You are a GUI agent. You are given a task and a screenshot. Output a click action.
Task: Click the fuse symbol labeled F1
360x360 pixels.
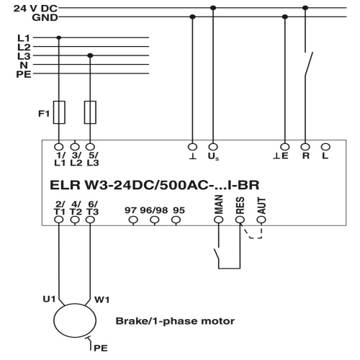pos(59,112)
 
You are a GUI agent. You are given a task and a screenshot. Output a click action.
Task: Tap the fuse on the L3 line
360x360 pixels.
pos(90,112)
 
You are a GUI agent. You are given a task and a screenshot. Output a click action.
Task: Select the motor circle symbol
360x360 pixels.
pos(75,320)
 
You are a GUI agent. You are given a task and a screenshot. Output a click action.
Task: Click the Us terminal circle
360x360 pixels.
pos(213,147)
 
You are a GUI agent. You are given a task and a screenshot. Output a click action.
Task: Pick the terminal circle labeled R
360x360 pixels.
pos(305,147)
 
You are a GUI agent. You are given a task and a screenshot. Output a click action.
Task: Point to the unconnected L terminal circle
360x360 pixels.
pos(325,147)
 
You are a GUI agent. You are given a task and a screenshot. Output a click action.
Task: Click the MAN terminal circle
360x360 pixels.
pos(219,220)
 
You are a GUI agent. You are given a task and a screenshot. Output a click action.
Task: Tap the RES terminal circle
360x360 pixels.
pos(240,220)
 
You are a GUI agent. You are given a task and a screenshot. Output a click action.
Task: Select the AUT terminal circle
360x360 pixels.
pos(261,220)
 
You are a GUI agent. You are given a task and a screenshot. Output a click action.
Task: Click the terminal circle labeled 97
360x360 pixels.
pos(133,220)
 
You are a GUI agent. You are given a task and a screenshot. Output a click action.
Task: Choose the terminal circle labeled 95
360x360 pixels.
pos(176,220)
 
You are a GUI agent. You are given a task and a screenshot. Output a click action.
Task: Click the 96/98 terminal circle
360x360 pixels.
pos(155,220)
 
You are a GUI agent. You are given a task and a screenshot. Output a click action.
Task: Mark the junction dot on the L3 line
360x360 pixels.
pos(90,55)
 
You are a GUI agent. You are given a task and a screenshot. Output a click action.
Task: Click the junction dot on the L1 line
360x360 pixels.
pos(59,37)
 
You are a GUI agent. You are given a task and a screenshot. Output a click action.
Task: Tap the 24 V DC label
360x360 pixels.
pos(35,9)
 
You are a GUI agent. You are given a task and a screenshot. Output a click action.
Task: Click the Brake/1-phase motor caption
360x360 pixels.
pos(175,321)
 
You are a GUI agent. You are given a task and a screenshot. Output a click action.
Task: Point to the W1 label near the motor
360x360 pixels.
pos(102,300)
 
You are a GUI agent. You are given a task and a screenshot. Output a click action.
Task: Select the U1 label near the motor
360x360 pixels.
pos(49,299)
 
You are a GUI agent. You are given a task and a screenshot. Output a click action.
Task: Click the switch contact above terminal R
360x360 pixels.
pos(308,64)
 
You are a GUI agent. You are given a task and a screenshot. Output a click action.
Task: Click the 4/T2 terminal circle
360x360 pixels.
pos(75,220)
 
